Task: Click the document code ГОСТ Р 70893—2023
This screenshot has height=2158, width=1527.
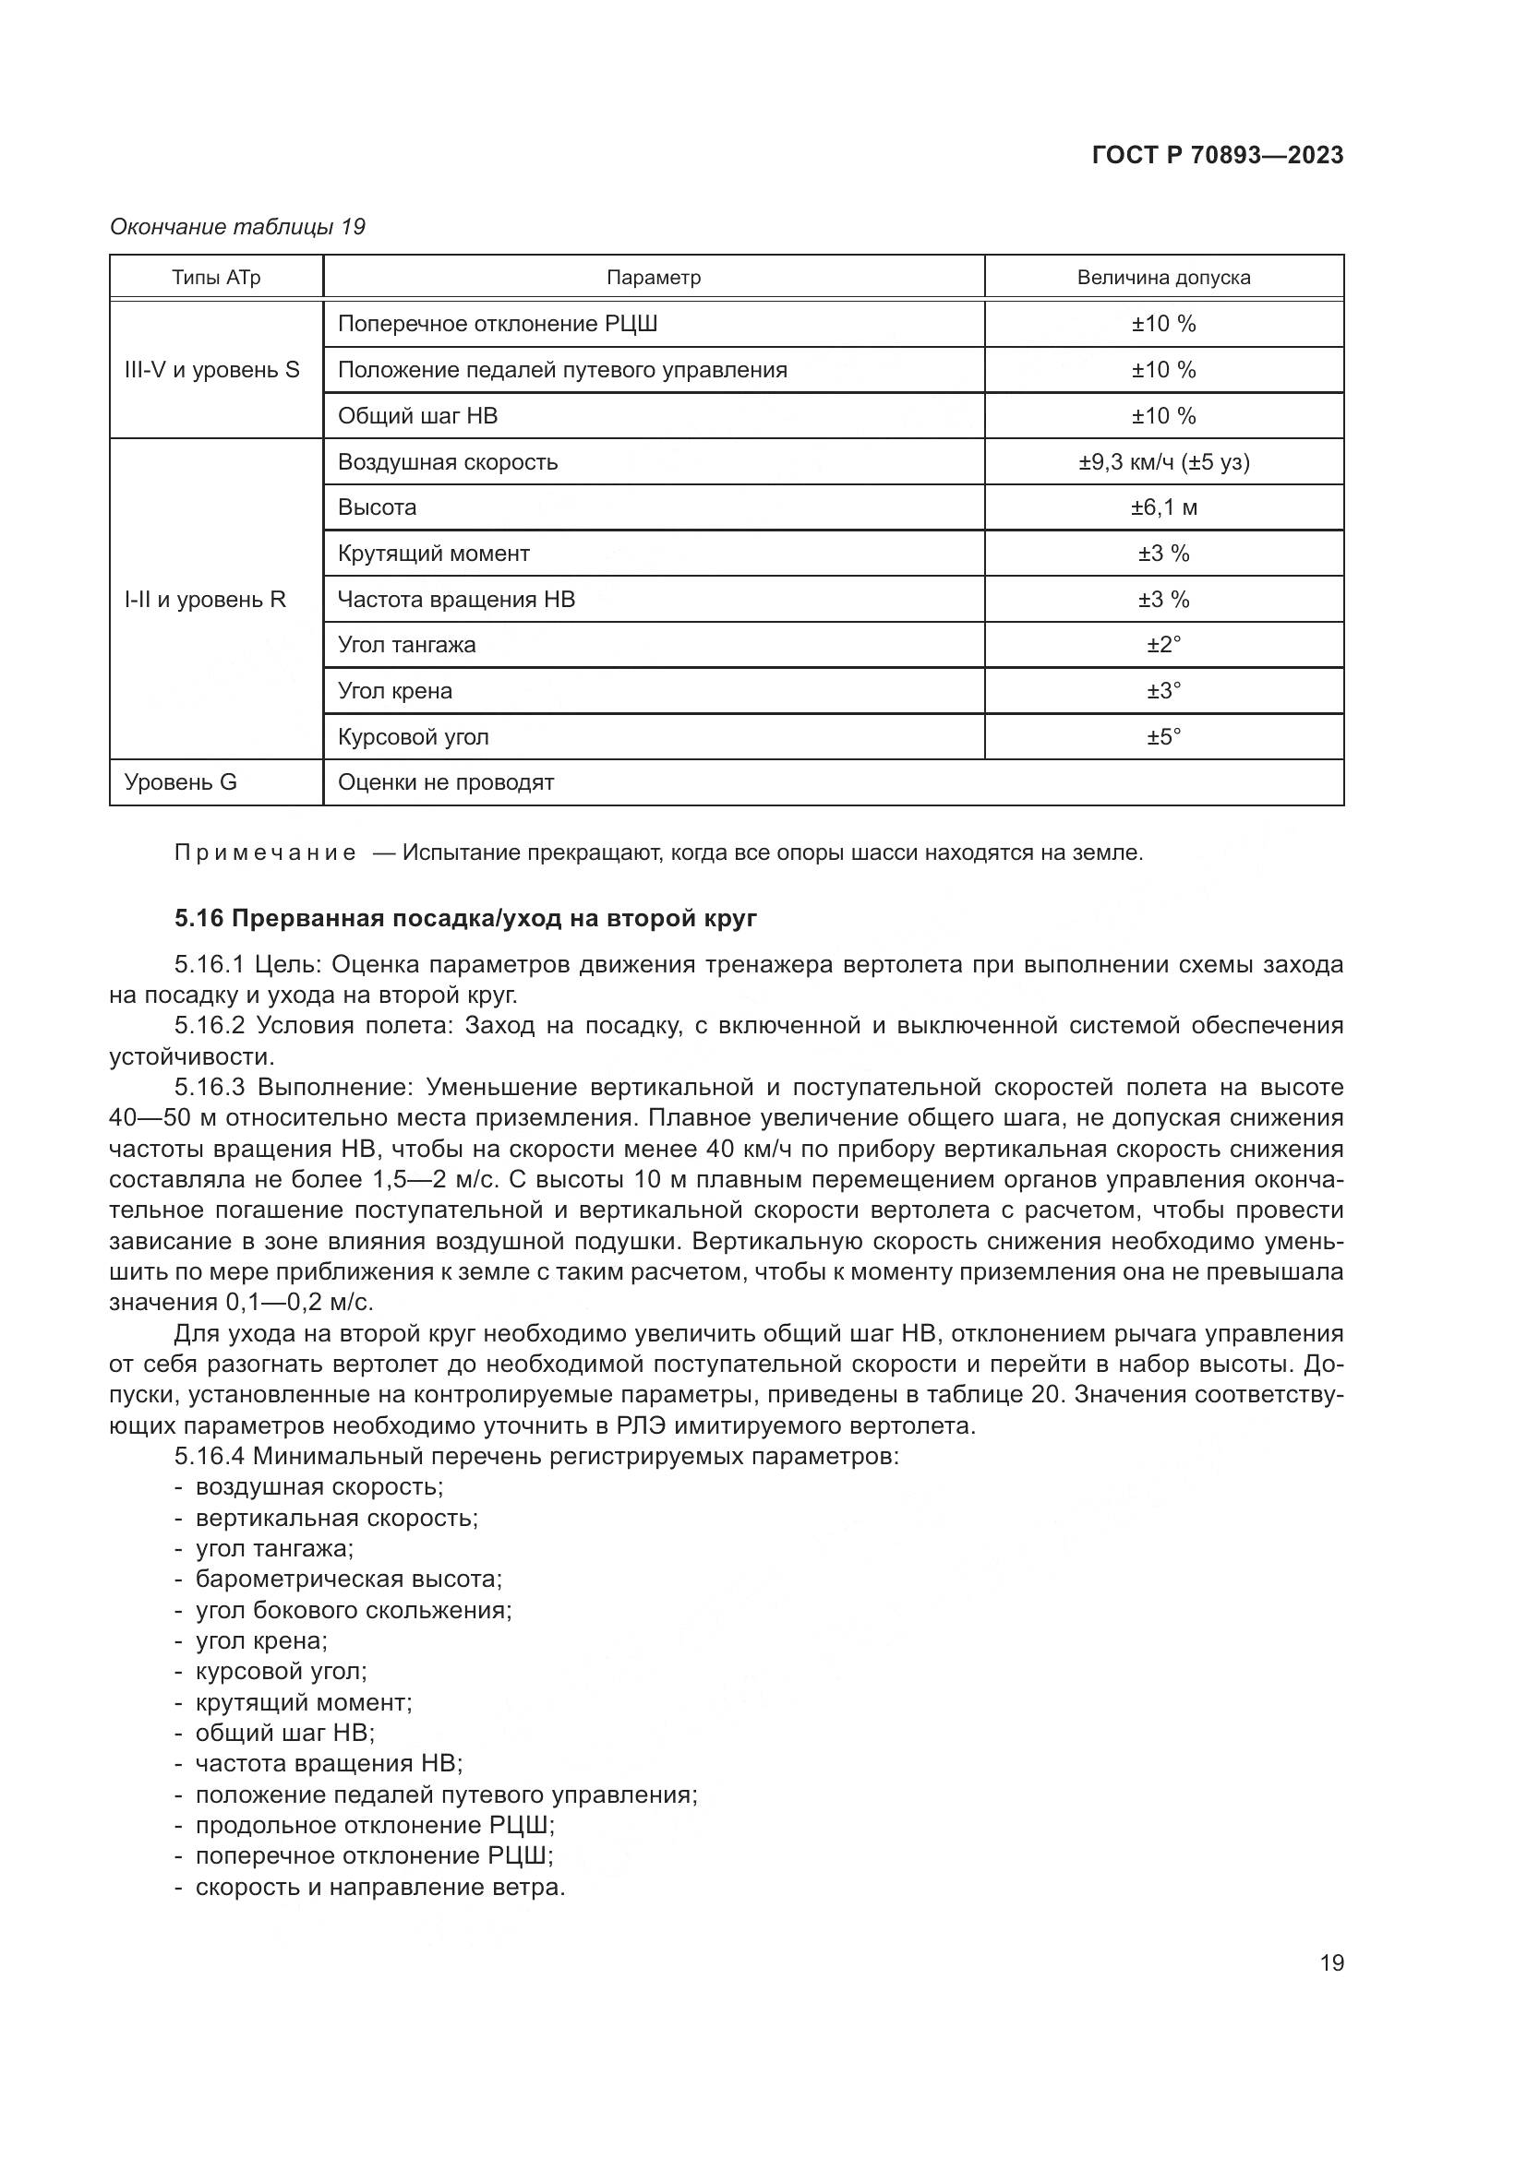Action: pos(1217,156)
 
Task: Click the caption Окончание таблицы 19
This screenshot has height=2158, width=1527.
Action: pos(237,227)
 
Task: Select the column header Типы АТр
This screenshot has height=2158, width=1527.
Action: pos(215,279)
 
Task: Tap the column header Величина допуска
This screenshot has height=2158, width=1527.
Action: pos(1163,279)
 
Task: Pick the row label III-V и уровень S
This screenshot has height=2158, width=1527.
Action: pos(211,370)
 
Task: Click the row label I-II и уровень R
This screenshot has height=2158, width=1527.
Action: pos(205,600)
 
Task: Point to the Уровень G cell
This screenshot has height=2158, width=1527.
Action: pos(181,782)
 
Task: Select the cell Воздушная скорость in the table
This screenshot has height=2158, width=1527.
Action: pos(448,462)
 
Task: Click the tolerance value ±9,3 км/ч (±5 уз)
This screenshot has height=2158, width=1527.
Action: pos(1163,462)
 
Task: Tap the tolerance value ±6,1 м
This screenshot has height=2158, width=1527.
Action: pos(1163,508)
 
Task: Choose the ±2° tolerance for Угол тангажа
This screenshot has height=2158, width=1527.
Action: pos(1163,646)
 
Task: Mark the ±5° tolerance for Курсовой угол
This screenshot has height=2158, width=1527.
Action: pos(1163,737)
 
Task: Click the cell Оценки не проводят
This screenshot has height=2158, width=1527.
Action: pos(446,782)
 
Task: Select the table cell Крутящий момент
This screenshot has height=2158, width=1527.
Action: pos(434,554)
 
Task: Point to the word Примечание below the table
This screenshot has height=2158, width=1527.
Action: pos(265,853)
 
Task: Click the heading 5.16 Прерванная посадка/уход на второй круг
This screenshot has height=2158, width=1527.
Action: pos(465,918)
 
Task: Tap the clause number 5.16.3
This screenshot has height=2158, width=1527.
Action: pos(209,1088)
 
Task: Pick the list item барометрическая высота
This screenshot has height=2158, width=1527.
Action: pos(348,1579)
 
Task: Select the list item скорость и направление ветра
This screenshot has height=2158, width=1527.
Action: pos(379,1887)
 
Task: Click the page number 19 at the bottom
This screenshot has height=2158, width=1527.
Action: pos(1331,1962)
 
